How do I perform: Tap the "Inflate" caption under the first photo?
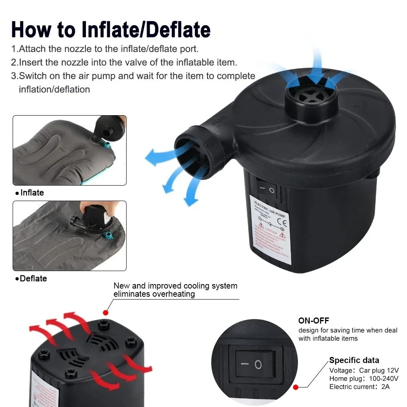[x=32, y=193]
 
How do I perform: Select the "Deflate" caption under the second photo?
[x=33, y=278]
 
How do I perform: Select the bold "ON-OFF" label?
[x=313, y=321]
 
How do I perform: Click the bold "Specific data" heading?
[x=354, y=360]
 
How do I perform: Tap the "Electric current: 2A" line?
[x=359, y=387]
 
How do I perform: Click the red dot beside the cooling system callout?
[x=106, y=313]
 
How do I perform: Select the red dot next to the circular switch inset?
[x=296, y=387]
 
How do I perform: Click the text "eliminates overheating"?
[x=154, y=294]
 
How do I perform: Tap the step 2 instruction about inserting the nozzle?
[x=124, y=62]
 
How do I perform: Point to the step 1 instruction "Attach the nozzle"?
[x=105, y=49]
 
